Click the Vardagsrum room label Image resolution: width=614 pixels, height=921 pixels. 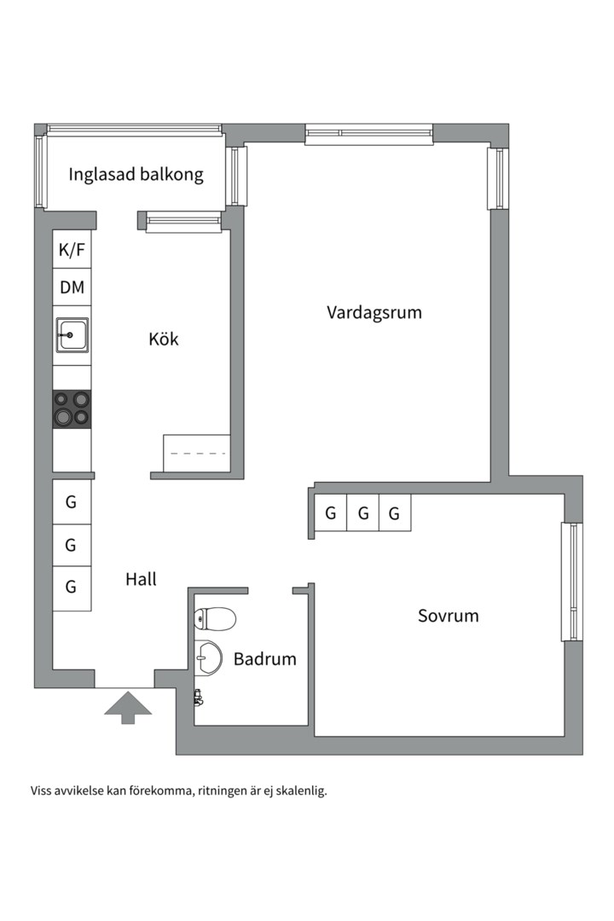pyautogui.click(x=374, y=312)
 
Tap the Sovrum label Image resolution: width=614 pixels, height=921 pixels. pyautogui.click(x=448, y=615)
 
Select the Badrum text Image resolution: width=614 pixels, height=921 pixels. pyautogui.click(x=265, y=658)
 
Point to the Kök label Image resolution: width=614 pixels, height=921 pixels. pyautogui.click(x=164, y=339)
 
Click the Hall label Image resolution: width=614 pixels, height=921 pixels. pyautogui.click(x=141, y=579)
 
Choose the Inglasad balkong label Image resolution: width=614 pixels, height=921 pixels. pyautogui.click(x=136, y=175)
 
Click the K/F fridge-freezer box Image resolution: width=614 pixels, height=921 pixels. pyautogui.click(x=72, y=250)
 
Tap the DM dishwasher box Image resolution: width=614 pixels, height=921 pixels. pyautogui.click(x=72, y=287)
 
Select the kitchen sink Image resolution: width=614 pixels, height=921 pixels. pyautogui.click(x=72, y=334)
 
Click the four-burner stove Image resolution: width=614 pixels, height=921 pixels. pyautogui.click(x=72, y=408)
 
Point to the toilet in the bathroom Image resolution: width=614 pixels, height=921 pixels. pyautogui.click(x=214, y=618)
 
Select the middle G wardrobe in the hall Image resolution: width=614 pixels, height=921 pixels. pyautogui.click(x=72, y=544)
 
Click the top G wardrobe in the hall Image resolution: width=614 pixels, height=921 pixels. pyautogui.click(x=72, y=502)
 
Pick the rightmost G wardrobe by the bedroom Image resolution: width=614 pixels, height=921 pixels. pyautogui.click(x=394, y=513)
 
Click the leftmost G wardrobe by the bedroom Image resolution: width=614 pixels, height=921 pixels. pyautogui.click(x=330, y=513)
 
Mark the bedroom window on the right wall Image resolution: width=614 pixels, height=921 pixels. pyautogui.click(x=571, y=582)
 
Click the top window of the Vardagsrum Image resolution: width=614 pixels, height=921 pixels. pyautogui.click(x=368, y=133)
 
